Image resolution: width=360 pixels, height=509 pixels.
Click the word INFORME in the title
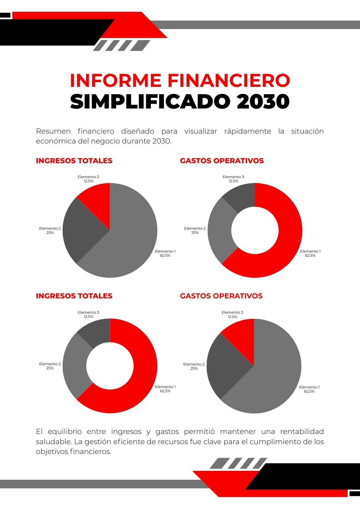pos(116,80)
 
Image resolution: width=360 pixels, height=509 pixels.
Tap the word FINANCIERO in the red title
pos(229,80)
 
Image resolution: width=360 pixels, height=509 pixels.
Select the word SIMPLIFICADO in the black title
pos(150,101)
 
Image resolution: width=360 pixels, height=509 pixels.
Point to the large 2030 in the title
pos(263,101)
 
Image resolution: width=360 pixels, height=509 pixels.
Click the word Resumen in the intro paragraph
pos(53,131)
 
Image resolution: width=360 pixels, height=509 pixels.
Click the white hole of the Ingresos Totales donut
pos(110,366)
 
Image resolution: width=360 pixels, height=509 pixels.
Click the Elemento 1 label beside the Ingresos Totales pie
pos(165,253)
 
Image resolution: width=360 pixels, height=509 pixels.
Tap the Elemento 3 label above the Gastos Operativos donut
pos(233,179)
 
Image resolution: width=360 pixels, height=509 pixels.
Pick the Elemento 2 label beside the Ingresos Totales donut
pos(50,366)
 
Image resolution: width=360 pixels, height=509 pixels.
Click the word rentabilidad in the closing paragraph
pos(302,431)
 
